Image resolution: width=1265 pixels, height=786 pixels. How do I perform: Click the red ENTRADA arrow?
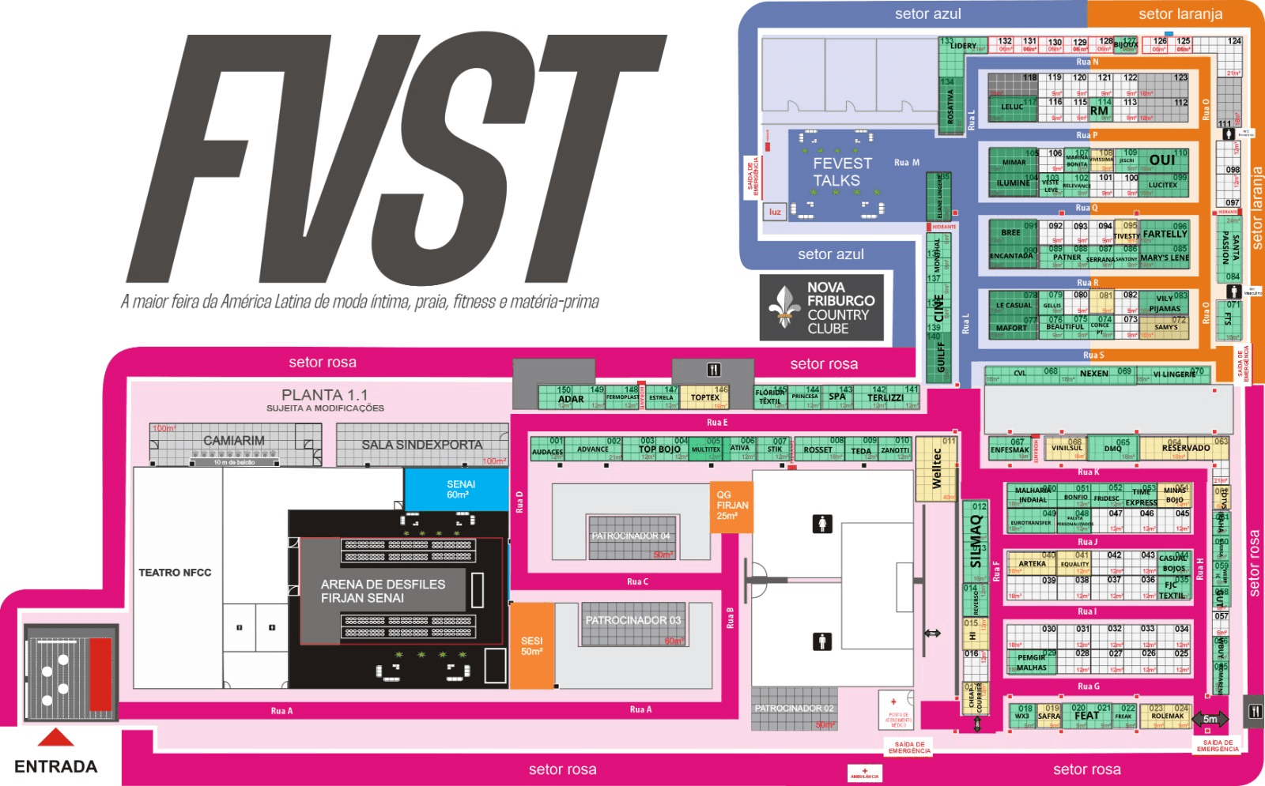coord(56,738)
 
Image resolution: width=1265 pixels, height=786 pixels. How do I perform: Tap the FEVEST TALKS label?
coord(842,172)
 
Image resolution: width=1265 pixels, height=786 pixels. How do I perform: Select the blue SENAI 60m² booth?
coord(457,490)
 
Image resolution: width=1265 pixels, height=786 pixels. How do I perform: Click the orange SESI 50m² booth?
coord(531,645)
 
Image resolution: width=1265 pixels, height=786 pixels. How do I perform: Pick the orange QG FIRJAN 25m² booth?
coord(732,506)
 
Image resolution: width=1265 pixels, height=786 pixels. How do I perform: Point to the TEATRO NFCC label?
coord(175,573)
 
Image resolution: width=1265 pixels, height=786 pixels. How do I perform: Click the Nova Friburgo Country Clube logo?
coord(821,307)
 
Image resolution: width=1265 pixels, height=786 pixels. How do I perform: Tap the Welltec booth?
coord(937,468)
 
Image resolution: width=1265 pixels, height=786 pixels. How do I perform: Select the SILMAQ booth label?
coord(976,541)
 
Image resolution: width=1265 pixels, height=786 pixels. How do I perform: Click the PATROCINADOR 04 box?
coord(631,537)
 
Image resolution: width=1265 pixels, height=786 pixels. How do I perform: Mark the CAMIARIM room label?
coord(234,441)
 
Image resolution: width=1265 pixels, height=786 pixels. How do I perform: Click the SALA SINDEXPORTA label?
coord(421,445)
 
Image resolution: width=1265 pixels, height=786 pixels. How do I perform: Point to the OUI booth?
coord(1161,160)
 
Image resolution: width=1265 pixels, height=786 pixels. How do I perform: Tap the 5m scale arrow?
coord(1210,719)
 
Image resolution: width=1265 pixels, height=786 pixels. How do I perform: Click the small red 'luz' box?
coord(775,212)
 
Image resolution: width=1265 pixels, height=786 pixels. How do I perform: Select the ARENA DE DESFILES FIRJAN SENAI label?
coord(383,591)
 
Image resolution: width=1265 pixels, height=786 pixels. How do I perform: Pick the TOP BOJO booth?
coord(659,449)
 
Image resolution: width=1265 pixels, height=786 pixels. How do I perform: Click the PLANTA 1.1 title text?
coord(324,395)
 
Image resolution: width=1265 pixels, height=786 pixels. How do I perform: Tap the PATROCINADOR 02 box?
coord(794,709)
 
